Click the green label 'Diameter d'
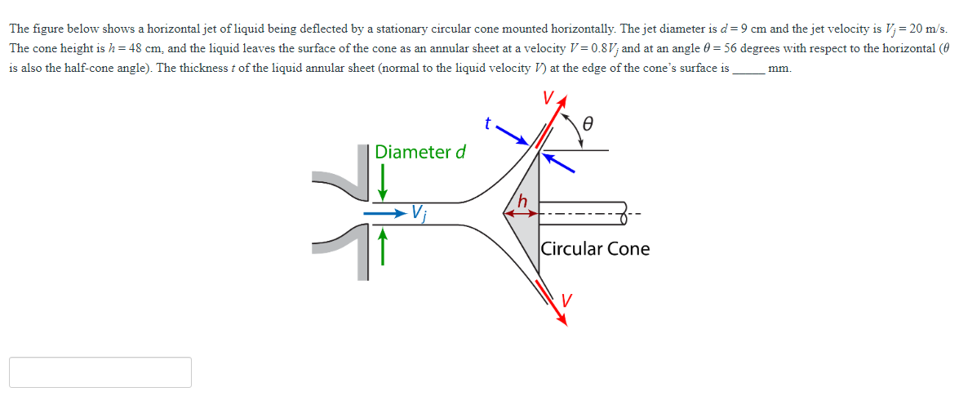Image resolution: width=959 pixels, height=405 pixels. [x=420, y=152]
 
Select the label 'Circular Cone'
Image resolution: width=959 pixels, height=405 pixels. [x=596, y=248]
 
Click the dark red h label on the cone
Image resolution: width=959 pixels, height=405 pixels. [x=522, y=201]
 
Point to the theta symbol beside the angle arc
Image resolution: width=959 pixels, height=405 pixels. [x=587, y=125]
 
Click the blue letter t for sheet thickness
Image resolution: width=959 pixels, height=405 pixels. [x=487, y=125]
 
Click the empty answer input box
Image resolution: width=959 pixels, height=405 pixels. [x=100, y=372]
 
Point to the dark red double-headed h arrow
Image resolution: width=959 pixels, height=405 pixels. [x=520, y=214]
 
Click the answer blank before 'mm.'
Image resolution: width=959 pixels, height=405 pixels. [x=748, y=69]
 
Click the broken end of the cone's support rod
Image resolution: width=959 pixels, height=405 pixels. [x=627, y=214]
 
